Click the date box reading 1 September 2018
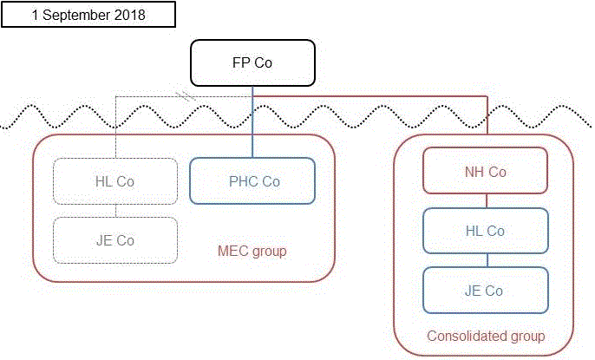(88, 15)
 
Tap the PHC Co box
(252, 181)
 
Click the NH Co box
(485, 171)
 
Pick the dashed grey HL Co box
(115, 181)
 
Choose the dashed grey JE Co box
(115, 240)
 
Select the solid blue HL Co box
(485, 231)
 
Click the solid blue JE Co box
(485, 291)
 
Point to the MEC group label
(252, 252)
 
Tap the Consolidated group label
(486, 336)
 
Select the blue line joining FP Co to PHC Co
(252, 130)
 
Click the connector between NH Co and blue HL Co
(486, 200)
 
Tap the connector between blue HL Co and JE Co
(486, 260)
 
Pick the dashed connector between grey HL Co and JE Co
(116, 211)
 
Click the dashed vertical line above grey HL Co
(116, 130)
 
